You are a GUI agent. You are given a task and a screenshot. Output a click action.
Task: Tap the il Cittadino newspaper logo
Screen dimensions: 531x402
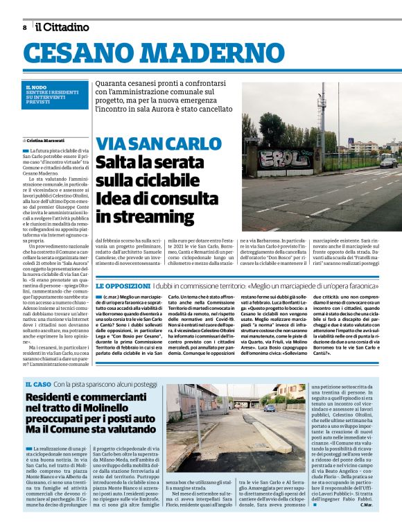[x=63, y=27]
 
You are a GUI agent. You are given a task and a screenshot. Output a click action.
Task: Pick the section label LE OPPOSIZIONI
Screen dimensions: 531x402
[x=123, y=286]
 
